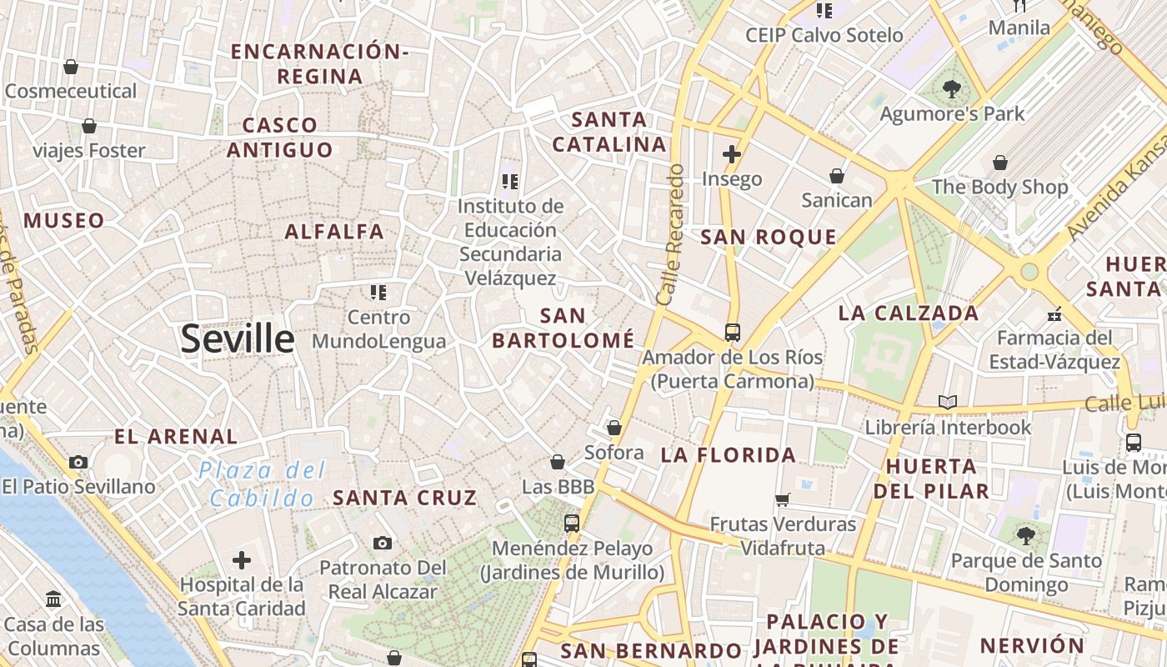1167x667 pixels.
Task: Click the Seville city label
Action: tap(238, 339)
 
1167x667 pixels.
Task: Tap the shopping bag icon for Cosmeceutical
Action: tap(71, 67)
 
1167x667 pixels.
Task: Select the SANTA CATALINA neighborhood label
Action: tap(609, 132)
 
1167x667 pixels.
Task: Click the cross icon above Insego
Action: tap(732, 154)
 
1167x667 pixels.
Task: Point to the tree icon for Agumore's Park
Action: tap(951, 89)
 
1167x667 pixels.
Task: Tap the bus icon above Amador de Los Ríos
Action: tap(732, 333)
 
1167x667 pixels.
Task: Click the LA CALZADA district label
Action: tap(909, 313)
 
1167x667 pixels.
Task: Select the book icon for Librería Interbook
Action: tap(947, 403)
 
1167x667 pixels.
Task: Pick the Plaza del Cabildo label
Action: tap(262, 484)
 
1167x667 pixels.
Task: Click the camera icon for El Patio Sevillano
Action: tap(78, 462)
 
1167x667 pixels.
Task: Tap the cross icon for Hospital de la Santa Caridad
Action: tap(242, 560)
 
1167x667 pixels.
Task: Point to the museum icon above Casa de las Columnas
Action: tap(54, 599)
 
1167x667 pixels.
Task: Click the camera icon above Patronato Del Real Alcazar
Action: tap(383, 544)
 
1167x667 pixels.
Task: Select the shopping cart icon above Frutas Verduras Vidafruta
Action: tap(782, 500)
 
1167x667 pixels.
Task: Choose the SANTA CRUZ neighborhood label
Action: tap(405, 499)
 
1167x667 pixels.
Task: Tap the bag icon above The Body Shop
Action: tap(999, 163)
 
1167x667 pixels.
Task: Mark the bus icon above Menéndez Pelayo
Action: tap(571, 524)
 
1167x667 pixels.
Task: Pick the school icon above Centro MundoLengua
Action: tap(378, 293)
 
